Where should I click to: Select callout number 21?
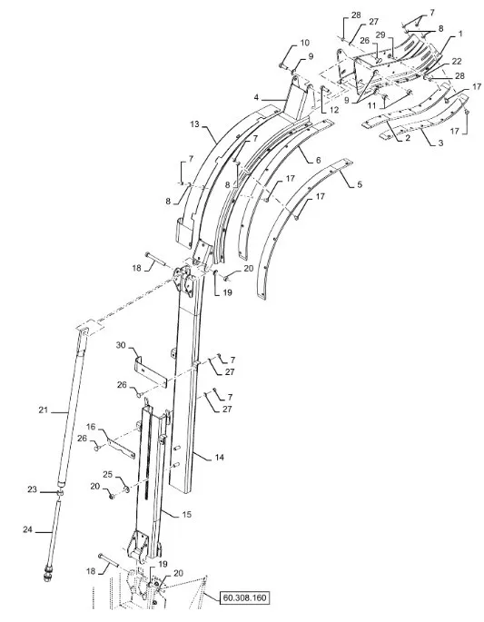(x=43, y=410)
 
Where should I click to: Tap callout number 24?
(x=27, y=529)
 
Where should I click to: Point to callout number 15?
(x=186, y=515)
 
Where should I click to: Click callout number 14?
(x=220, y=458)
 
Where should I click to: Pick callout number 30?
(x=121, y=346)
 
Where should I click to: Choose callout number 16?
(x=91, y=427)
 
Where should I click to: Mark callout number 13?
(x=194, y=124)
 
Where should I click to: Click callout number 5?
(x=360, y=184)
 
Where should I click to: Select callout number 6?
(x=318, y=160)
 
